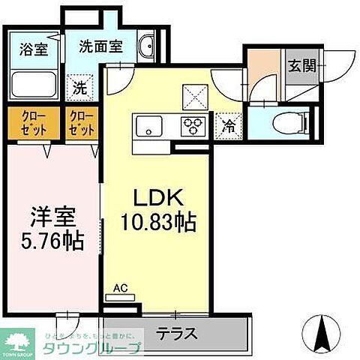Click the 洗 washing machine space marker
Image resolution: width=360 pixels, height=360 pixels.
(79, 88)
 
